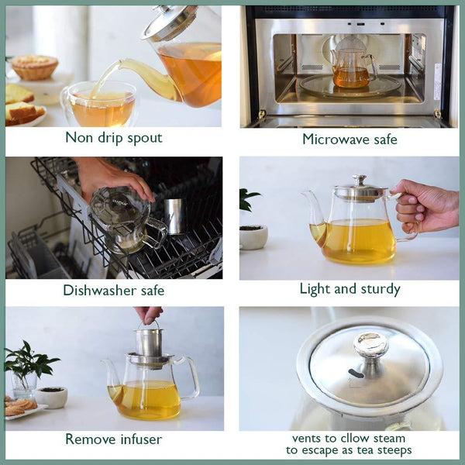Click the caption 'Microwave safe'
point(350,139)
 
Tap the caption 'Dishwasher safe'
point(113,291)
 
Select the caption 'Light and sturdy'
point(350,289)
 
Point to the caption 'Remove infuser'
point(113,439)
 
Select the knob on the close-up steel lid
point(370,345)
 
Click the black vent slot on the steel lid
point(356,374)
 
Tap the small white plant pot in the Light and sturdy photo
point(253,236)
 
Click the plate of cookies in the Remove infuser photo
point(21,407)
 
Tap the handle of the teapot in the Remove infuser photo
point(188,378)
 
